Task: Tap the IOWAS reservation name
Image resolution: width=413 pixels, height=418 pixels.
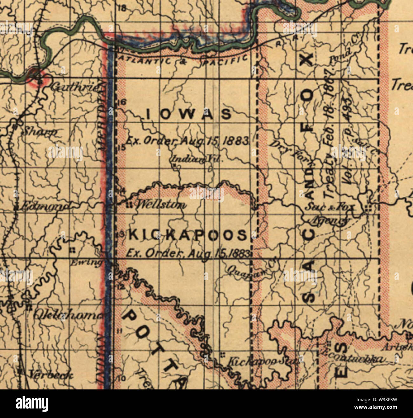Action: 189,114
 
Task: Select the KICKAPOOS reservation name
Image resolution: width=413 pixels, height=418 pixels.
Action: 187,235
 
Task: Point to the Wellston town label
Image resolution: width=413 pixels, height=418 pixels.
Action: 161,205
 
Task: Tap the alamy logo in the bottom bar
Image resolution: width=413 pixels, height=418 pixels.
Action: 32,404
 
